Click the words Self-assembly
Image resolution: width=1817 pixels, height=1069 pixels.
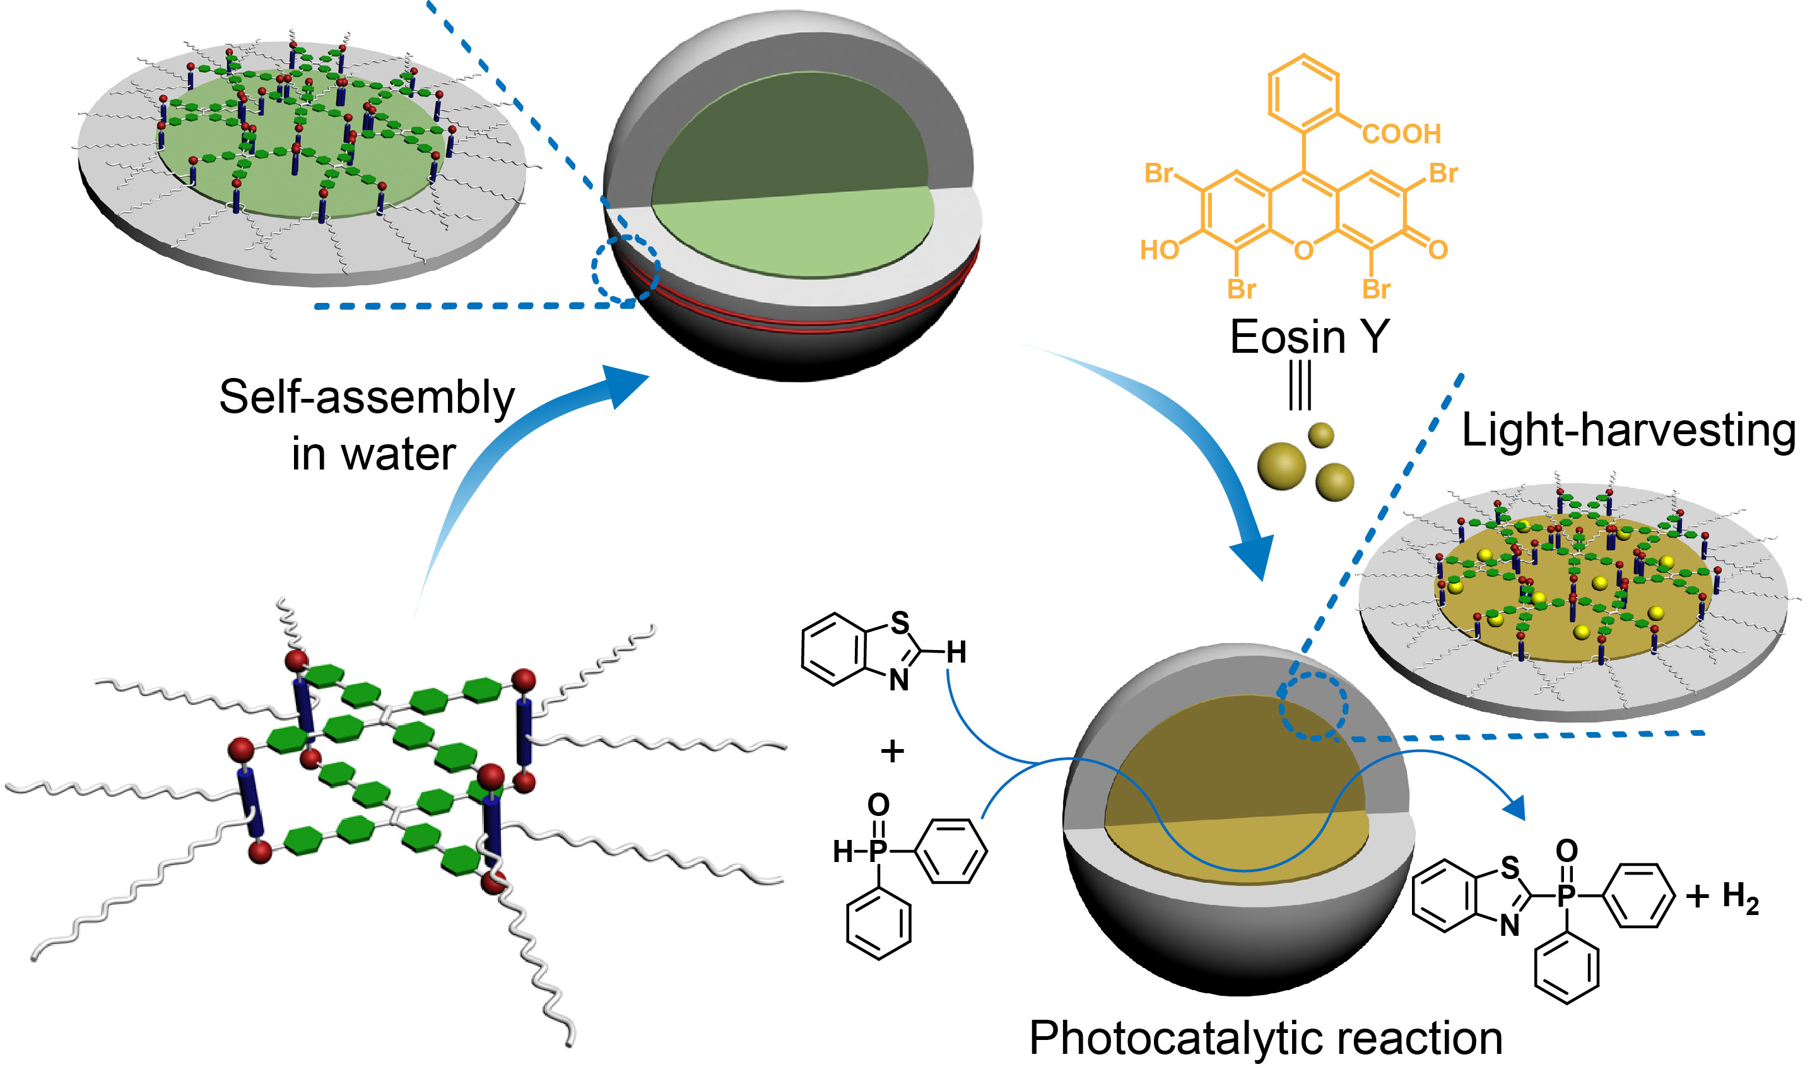pyautogui.click(x=367, y=398)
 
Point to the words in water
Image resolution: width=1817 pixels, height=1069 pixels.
pyautogui.click(x=373, y=454)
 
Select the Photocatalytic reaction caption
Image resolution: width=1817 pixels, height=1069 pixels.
pyautogui.click(x=1266, y=1039)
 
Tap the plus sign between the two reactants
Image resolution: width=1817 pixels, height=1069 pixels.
pyautogui.click(x=892, y=752)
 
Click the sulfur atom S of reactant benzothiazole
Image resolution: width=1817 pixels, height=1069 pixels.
pyautogui.click(x=899, y=622)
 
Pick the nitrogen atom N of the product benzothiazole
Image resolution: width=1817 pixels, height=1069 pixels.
pyautogui.click(x=1509, y=926)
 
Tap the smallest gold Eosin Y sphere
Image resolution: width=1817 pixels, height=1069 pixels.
pyautogui.click(x=1321, y=435)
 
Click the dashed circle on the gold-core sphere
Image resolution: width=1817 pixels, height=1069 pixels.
pyautogui.click(x=1313, y=706)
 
